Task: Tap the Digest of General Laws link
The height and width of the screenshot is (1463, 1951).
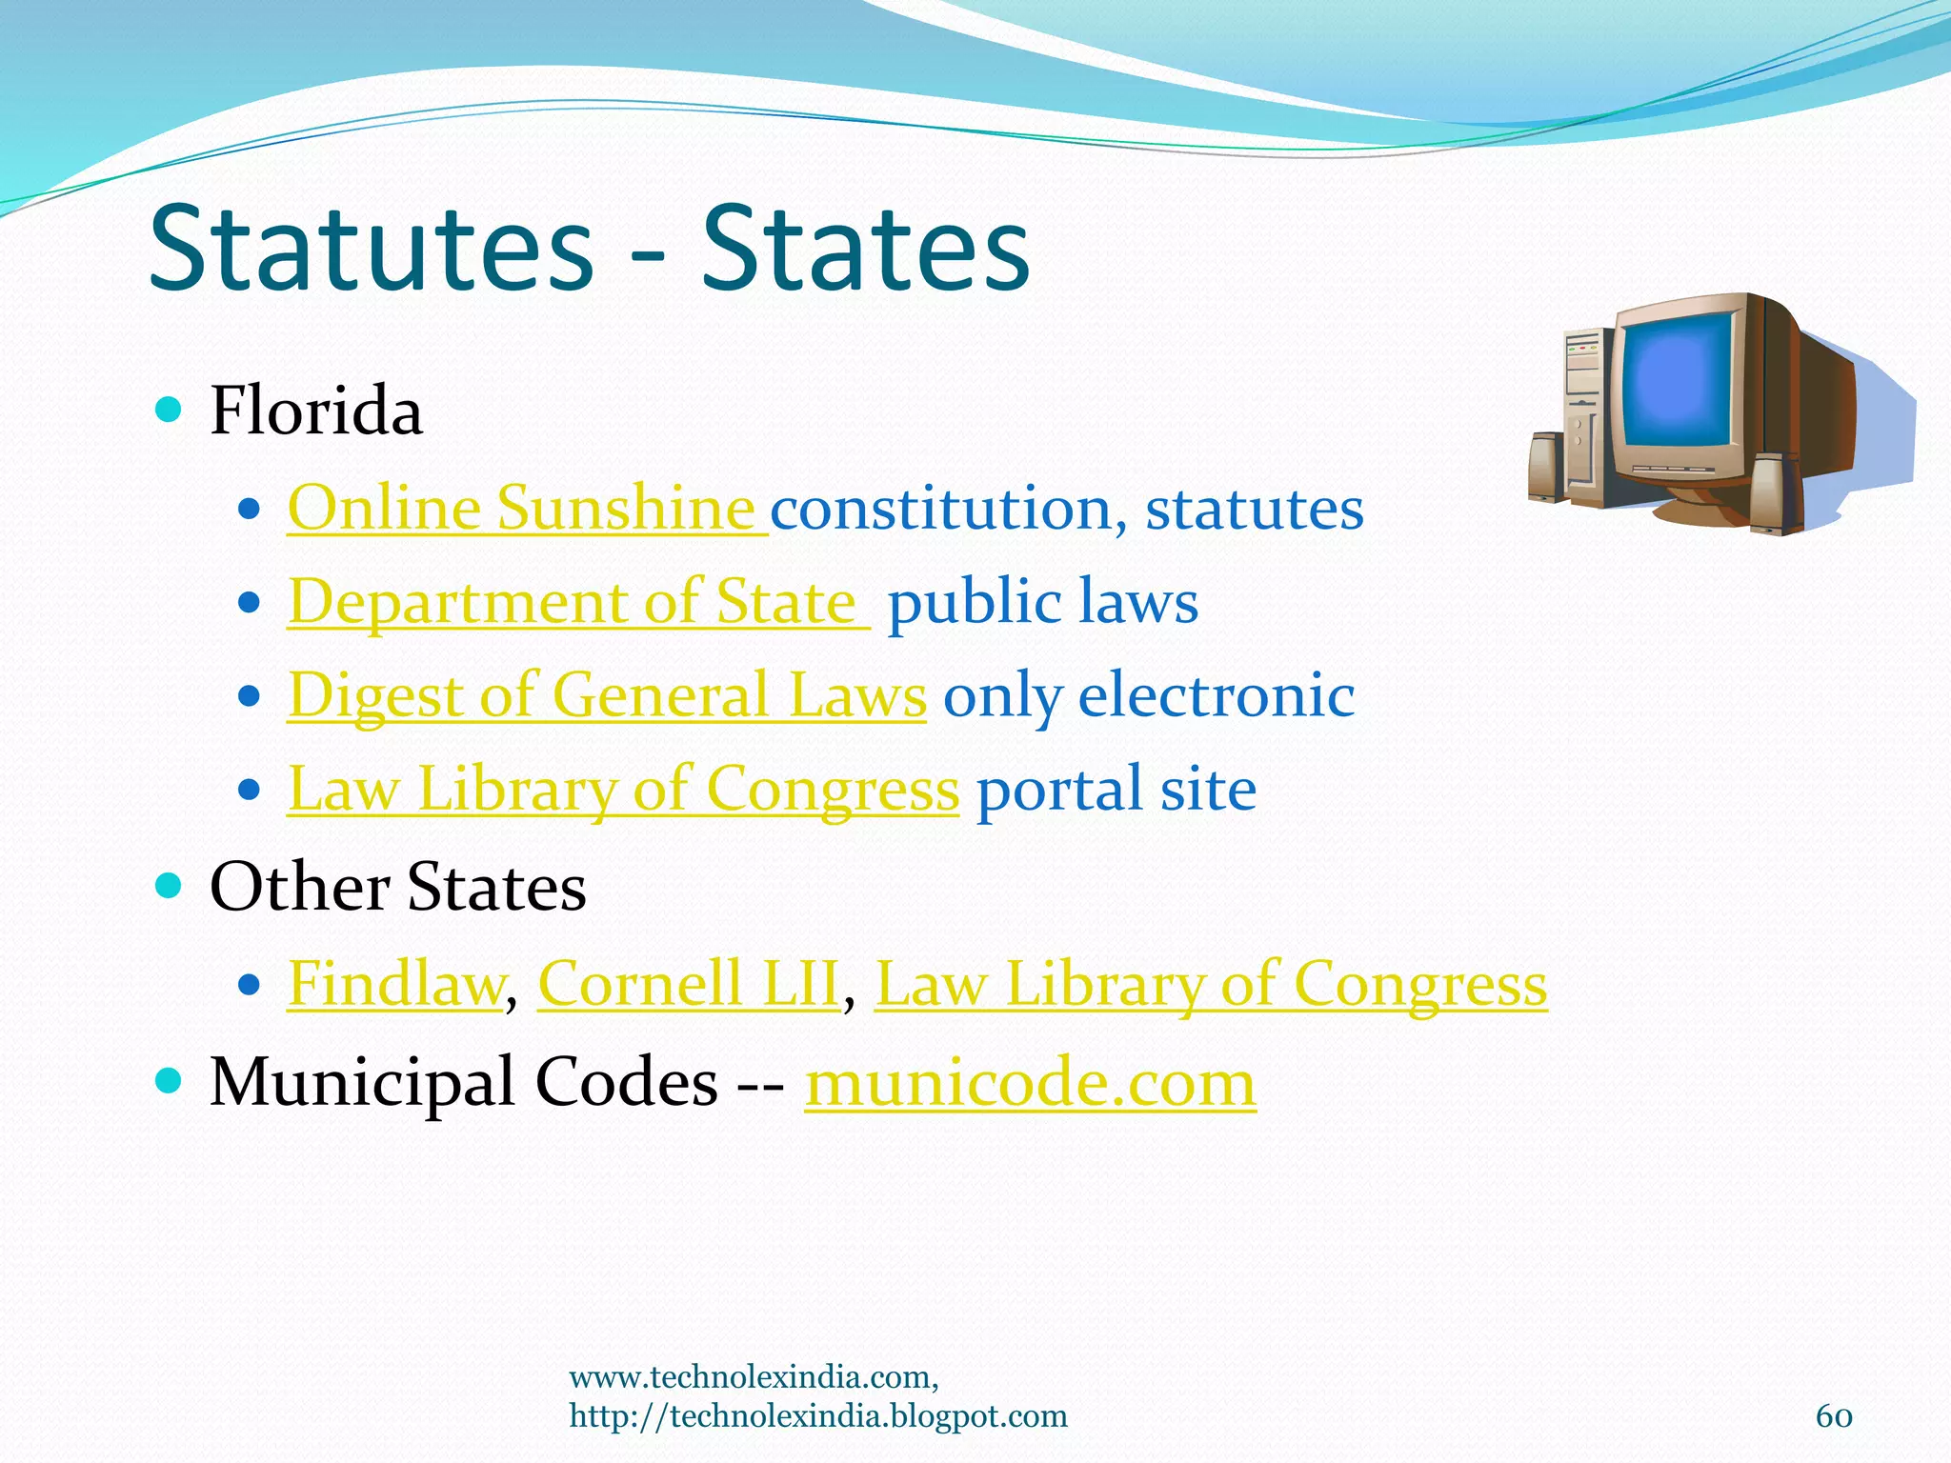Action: coord(607,695)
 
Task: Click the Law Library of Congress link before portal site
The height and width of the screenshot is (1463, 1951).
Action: coord(623,790)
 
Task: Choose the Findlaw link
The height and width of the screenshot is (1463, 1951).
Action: coord(395,983)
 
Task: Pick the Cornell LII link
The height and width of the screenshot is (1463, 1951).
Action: coord(688,983)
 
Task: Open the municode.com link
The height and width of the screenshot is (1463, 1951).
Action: coord(1030,1083)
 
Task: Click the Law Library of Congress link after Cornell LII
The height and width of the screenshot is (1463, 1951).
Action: coord(1210,983)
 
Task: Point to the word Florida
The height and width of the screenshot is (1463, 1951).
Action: coord(316,411)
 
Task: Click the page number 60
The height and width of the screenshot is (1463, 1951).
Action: coord(1834,1416)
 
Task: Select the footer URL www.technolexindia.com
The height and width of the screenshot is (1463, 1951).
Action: coord(753,1377)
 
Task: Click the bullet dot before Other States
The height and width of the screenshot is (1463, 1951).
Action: coord(168,886)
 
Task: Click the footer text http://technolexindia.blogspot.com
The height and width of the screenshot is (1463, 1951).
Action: coord(817,1416)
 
